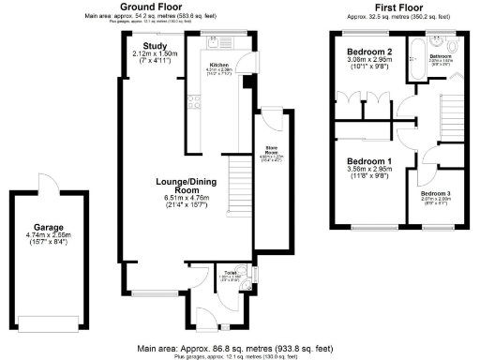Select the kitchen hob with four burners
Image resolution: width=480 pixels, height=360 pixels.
[x=195, y=101]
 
